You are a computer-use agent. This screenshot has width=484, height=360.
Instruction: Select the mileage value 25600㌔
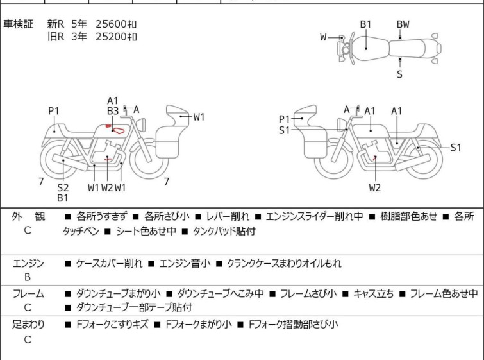click(x=116, y=24)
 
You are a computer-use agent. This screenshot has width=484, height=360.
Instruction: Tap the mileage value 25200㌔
click(x=116, y=37)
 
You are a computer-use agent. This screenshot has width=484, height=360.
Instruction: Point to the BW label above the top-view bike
click(x=403, y=24)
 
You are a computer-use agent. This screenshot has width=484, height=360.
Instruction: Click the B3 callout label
click(x=113, y=111)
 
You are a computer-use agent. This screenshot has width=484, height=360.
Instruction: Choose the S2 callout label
click(x=63, y=187)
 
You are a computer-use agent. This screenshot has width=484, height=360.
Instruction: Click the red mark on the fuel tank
click(x=117, y=130)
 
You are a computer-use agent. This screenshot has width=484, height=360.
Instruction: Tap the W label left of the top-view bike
click(x=324, y=37)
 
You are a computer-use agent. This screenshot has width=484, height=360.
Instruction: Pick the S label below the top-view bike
click(x=400, y=74)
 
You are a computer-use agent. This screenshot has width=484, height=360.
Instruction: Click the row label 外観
click(x=28, y=217)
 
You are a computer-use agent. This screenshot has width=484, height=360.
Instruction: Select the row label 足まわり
click(x=28, y=325)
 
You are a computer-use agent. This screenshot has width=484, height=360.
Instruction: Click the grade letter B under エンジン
click(x=28, y=278)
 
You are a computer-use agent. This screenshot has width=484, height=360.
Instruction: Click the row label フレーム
click(x=28, y=294)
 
